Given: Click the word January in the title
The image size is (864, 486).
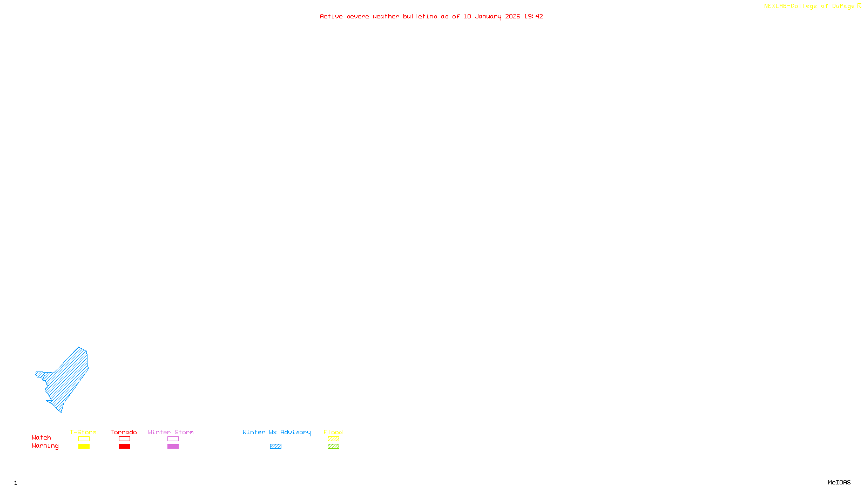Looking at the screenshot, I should [488, 16].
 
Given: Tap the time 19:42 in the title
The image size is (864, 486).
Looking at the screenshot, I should [534, 16].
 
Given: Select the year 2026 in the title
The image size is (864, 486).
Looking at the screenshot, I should [512, 16].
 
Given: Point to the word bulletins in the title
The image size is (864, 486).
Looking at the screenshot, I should [420, 16].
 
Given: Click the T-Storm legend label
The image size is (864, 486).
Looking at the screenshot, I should [83, 432].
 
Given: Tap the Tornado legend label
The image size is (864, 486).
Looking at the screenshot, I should [124, 432].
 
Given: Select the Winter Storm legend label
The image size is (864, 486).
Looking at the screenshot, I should [171, 432].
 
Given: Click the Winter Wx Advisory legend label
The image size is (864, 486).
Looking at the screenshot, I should [276, 432].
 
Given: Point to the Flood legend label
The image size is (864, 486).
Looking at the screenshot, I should [333, 432].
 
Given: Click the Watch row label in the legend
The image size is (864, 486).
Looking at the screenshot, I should [42, 437].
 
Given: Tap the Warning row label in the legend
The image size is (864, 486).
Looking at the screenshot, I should [45, 446].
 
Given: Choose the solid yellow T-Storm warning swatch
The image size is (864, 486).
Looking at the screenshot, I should [84, 447].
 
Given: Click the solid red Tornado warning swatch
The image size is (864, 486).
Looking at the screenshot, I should [124, 447].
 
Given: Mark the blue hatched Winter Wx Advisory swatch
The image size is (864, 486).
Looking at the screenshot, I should [275, 447].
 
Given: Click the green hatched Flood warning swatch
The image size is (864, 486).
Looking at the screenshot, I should [333, 447].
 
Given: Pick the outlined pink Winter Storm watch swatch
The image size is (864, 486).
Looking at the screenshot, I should [173, 439].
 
